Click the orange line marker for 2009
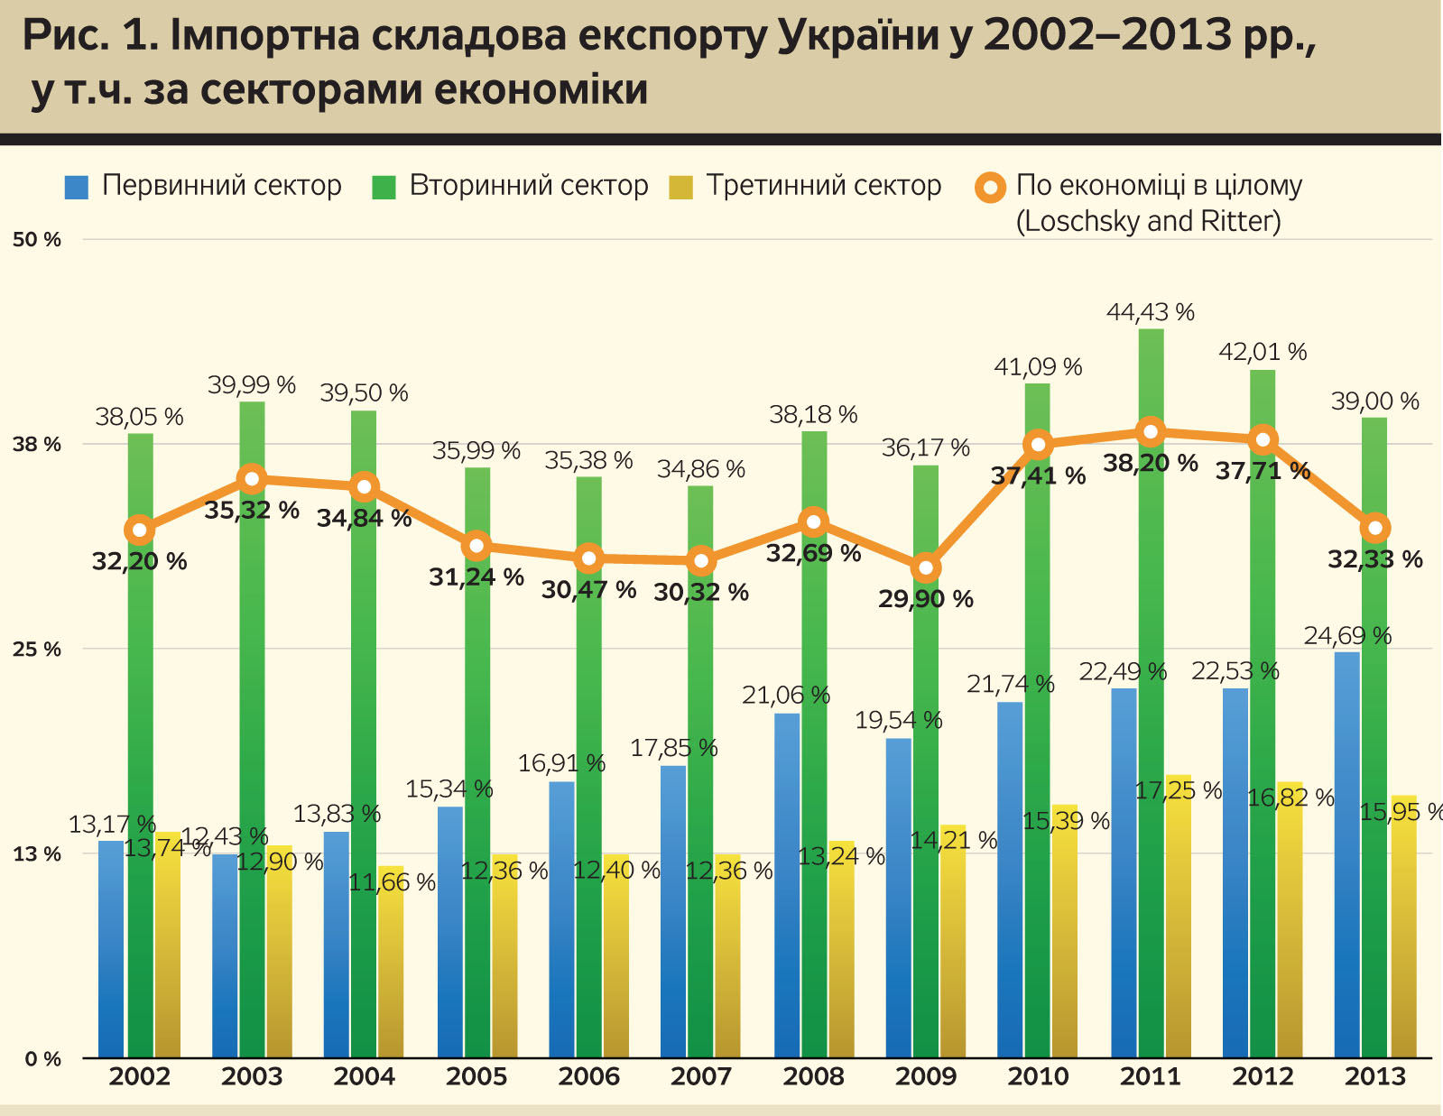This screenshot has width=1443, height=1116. point(926,567)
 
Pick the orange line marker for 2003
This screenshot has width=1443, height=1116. point(252,479)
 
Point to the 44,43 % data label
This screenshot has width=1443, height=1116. point(1151,312)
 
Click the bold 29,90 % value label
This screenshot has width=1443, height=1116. point(926,598)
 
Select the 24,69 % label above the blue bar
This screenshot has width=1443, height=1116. point(1347,635)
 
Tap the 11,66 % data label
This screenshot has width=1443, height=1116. point(392,882)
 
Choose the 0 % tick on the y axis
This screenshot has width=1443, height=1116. point(42,1058)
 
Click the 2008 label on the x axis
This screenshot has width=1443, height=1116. point(813,1076)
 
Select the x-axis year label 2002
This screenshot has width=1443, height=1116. point(140,1076)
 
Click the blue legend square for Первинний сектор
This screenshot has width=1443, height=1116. point(77,187)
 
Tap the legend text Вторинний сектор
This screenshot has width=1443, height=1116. point(529,186)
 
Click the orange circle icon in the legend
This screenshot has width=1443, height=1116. point(991,188)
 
